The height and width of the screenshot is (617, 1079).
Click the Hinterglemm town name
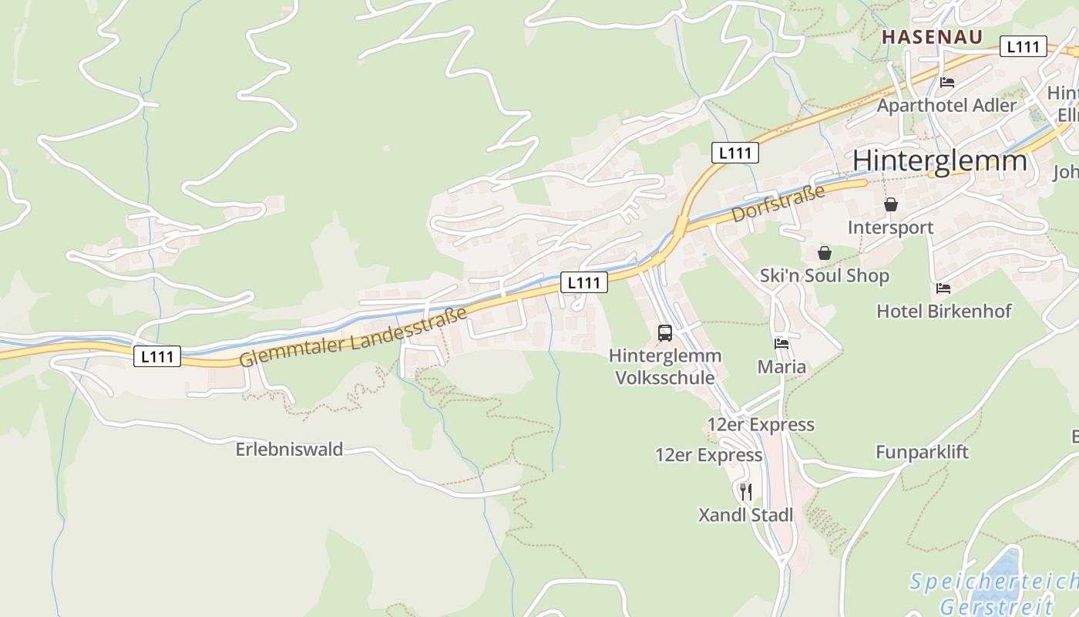(x=940, y=160)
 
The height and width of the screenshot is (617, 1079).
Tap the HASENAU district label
(x=932, y=37)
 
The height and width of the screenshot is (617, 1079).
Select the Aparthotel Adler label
(x=946, y=105)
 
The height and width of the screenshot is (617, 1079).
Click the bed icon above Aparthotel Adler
(x=947, y=83)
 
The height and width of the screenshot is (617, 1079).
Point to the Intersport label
(x=890, y=228)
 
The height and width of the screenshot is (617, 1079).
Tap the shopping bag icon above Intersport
(x=891, y=204)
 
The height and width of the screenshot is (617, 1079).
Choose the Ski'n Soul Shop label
(x=824, y=275)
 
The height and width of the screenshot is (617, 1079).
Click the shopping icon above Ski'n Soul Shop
(x=825, y=253)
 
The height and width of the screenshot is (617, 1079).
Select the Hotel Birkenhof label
(x=944, y=311)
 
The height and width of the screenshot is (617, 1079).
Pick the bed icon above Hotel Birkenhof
(x=943, y=288)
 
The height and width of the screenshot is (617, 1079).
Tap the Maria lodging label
(x=782, y=366)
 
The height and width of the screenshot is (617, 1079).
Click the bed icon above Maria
(x=782, y=344)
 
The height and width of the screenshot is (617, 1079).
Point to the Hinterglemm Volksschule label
(x=665, y=366)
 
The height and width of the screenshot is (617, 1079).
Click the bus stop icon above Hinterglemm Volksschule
(x=665, y=333)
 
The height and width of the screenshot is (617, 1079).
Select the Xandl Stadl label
(x=745, y=514)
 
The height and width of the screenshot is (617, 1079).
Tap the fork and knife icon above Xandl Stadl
(x=745, y=491)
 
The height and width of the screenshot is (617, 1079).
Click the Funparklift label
(x=922, y=452)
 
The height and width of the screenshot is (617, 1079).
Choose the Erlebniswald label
(x=289, y=449)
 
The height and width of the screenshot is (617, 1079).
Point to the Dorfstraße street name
(x=778, y=203)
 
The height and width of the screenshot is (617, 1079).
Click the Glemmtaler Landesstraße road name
(x=354, y=337)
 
